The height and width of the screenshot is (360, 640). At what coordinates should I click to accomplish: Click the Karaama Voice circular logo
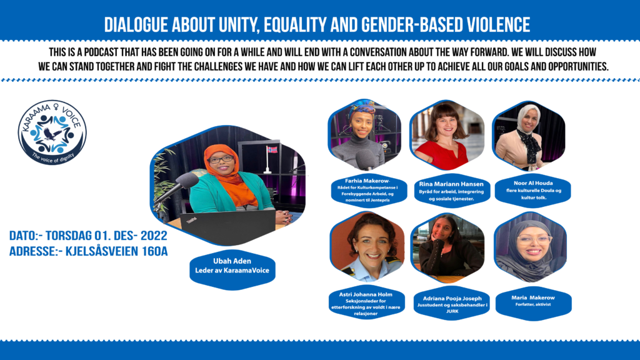[x=52, y=132]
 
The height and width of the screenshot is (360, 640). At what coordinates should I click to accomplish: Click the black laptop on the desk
[x=227, y=226]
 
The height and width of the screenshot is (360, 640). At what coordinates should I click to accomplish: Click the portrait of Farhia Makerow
[x=364, y=134]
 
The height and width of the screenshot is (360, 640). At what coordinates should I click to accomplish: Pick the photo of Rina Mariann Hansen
[x=446, y=135]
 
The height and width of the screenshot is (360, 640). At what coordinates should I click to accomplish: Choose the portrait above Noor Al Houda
[x=529, y=136]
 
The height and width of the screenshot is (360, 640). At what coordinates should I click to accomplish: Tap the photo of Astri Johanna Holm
[x=367, y=246]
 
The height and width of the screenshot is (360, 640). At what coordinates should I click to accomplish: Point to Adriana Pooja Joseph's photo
[x=447, y=247]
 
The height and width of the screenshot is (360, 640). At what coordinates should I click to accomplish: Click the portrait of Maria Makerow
[x=530, y=247]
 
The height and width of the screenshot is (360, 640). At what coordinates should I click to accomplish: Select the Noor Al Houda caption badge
[x=532, y=190]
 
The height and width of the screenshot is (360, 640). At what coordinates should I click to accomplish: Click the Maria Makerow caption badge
[x=534, y=303]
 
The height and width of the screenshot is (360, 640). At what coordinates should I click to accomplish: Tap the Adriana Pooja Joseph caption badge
[x=452, y=304]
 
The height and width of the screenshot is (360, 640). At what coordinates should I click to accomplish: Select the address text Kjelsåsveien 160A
[x=117, y=251]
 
